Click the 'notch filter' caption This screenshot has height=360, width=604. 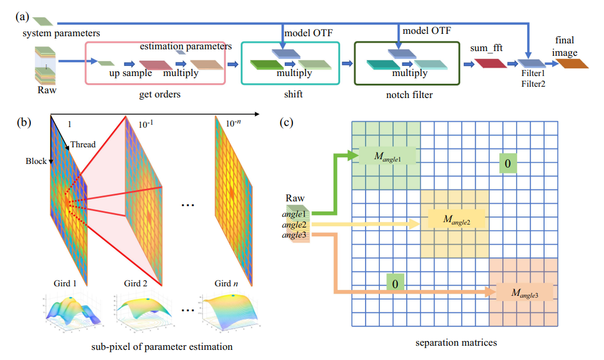click(407, 94)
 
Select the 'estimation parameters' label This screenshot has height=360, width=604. click(185, 46)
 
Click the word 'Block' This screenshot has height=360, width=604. click(36, 161)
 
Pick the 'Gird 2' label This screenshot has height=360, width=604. click(136, 283)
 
